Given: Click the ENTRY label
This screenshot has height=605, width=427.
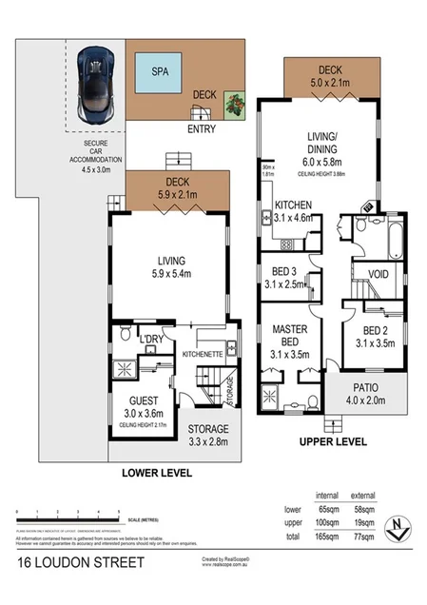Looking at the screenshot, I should click(202, 129).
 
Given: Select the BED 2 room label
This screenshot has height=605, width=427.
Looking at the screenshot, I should click(365, 330).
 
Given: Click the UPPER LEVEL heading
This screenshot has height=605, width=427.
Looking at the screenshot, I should click(333, 442).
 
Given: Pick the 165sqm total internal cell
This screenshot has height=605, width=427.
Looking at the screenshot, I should click(327, 537).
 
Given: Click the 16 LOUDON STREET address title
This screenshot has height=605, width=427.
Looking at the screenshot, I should click(81, 562).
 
